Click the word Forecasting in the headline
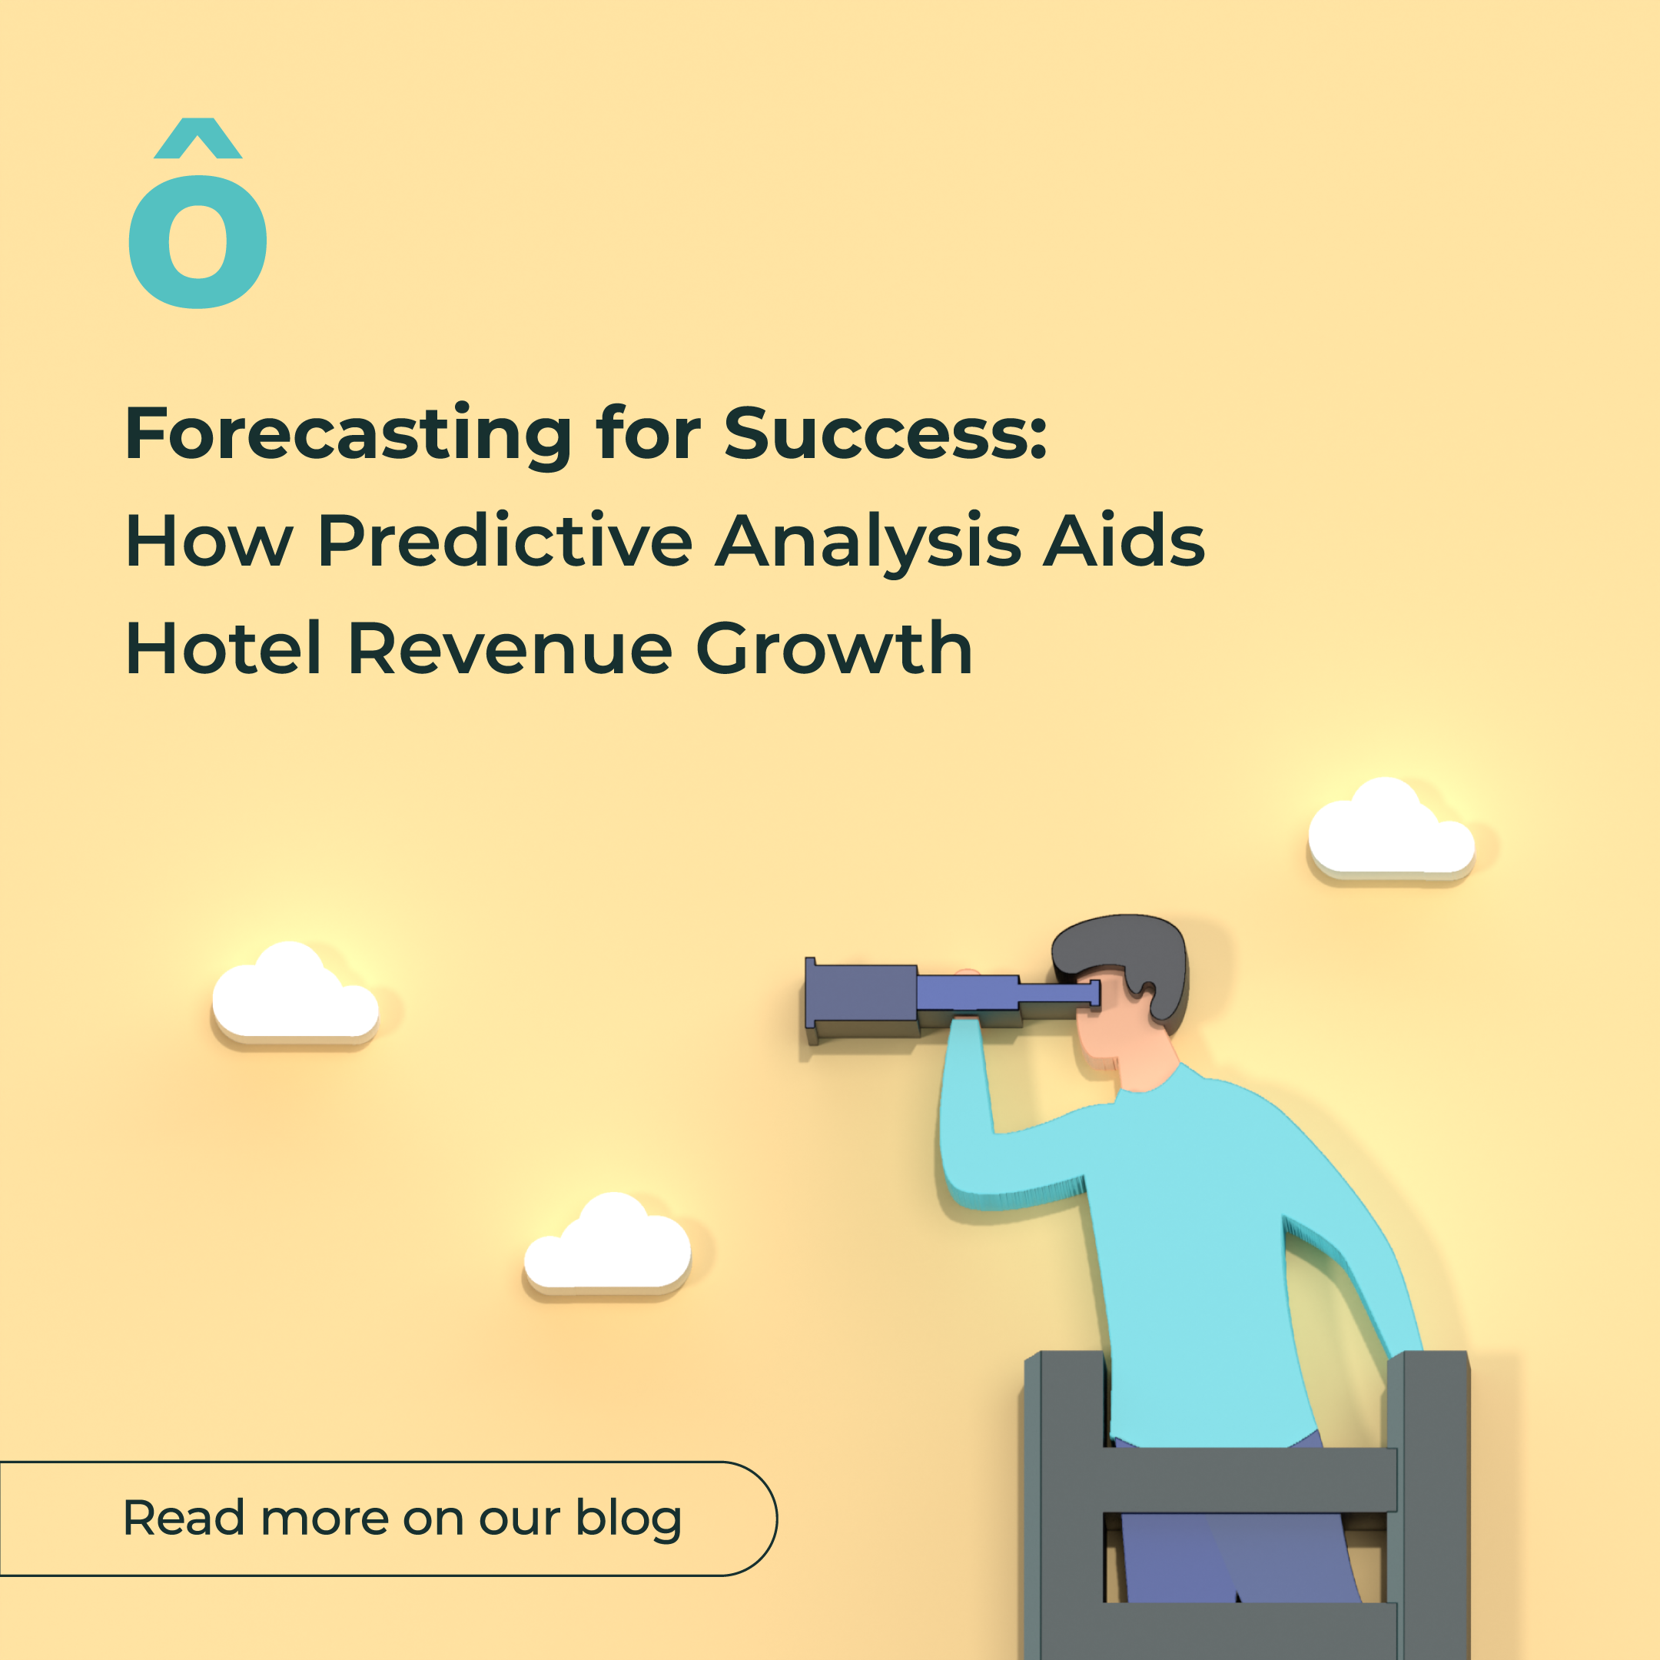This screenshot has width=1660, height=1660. [348, 435]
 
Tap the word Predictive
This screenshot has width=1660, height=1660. [504, 541]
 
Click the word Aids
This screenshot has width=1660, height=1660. [1124, 541]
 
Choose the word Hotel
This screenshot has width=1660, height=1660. [224, 649]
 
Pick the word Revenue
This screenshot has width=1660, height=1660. [510, 649]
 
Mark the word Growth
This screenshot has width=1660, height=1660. [833, 649]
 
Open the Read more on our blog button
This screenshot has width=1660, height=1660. [387, 1519]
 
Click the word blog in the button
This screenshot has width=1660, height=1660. [628, 1519]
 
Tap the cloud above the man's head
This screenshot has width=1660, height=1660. [1390, 828]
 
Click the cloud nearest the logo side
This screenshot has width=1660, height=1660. [294, 992]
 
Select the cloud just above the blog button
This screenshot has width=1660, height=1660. [607, 1244]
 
